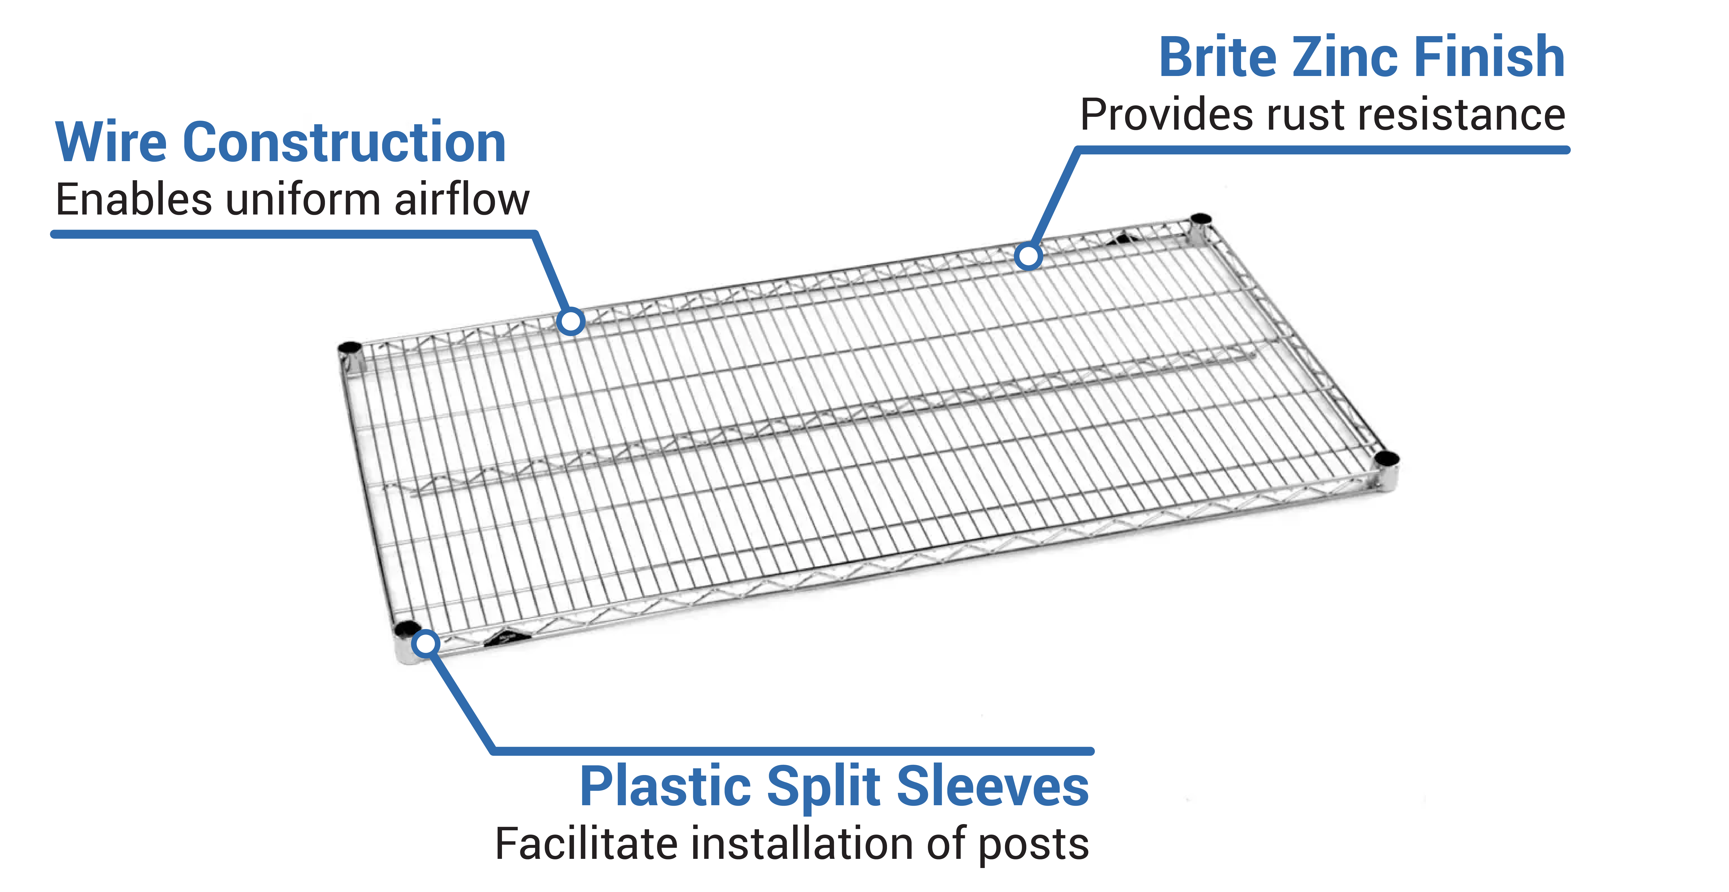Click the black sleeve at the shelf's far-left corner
pos(350,348)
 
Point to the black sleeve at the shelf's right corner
pos(1387,458)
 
